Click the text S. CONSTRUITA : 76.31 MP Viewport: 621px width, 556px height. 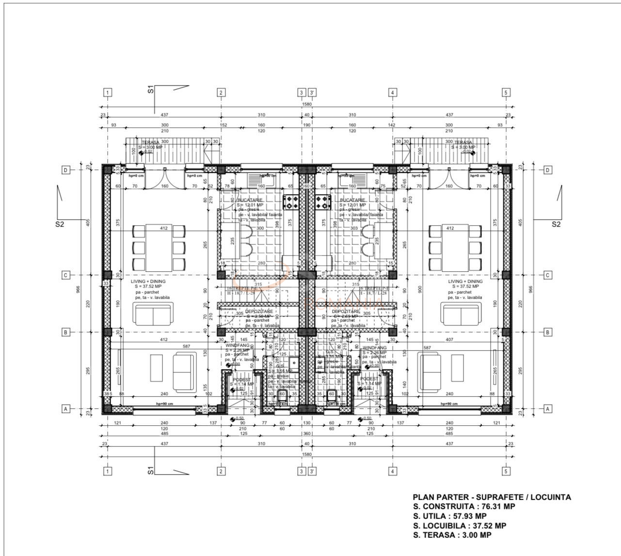click(464, 507)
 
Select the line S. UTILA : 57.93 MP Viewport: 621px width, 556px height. click(449, 516)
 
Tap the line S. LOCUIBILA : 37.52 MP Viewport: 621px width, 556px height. click(460, 525)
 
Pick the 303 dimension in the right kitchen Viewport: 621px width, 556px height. click(352, 228)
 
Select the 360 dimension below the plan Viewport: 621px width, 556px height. click(306, 433)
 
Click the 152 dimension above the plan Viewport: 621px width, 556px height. click(223, 125)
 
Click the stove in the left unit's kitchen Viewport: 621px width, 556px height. click(291, 202)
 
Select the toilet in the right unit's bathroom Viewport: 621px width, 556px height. click(332, 394)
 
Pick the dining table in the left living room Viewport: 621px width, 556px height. click(159, 248)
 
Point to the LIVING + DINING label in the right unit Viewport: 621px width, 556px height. click(465, 281)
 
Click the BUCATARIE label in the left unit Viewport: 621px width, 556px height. click(250, 200)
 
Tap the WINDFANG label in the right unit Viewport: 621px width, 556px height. click(375, 348)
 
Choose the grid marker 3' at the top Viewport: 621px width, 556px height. click(313, 93)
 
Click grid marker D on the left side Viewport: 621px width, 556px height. click(64, 170)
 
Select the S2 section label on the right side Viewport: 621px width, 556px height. click(556, 224)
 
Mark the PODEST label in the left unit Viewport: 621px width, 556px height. click(241, 379)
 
